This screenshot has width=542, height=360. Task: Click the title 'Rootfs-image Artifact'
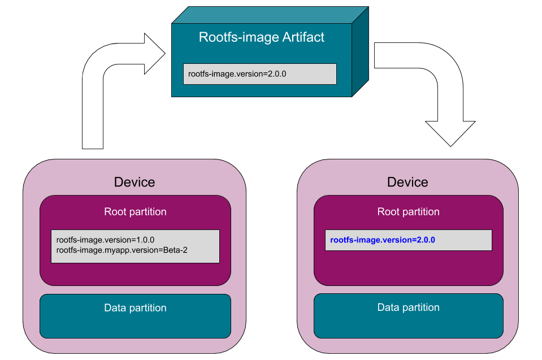point(262,38)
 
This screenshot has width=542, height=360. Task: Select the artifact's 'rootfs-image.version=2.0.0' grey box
point(259,73)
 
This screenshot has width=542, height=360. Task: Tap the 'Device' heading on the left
point(135,182)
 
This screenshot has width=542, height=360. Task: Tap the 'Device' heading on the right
point(407,182)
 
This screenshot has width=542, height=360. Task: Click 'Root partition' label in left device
point(135,212)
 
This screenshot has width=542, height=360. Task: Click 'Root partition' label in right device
point(408,212)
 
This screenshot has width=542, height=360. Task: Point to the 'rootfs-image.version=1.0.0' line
point(105,240)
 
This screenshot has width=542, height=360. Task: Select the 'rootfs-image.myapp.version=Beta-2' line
point(122,249)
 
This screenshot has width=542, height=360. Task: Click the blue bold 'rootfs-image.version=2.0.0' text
point(382,240)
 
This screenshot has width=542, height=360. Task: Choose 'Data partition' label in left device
point(135,308)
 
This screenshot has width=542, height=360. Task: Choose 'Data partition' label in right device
point(408,307)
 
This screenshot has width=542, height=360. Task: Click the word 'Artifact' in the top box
point(305,38)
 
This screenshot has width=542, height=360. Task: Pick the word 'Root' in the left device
point(115,212)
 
